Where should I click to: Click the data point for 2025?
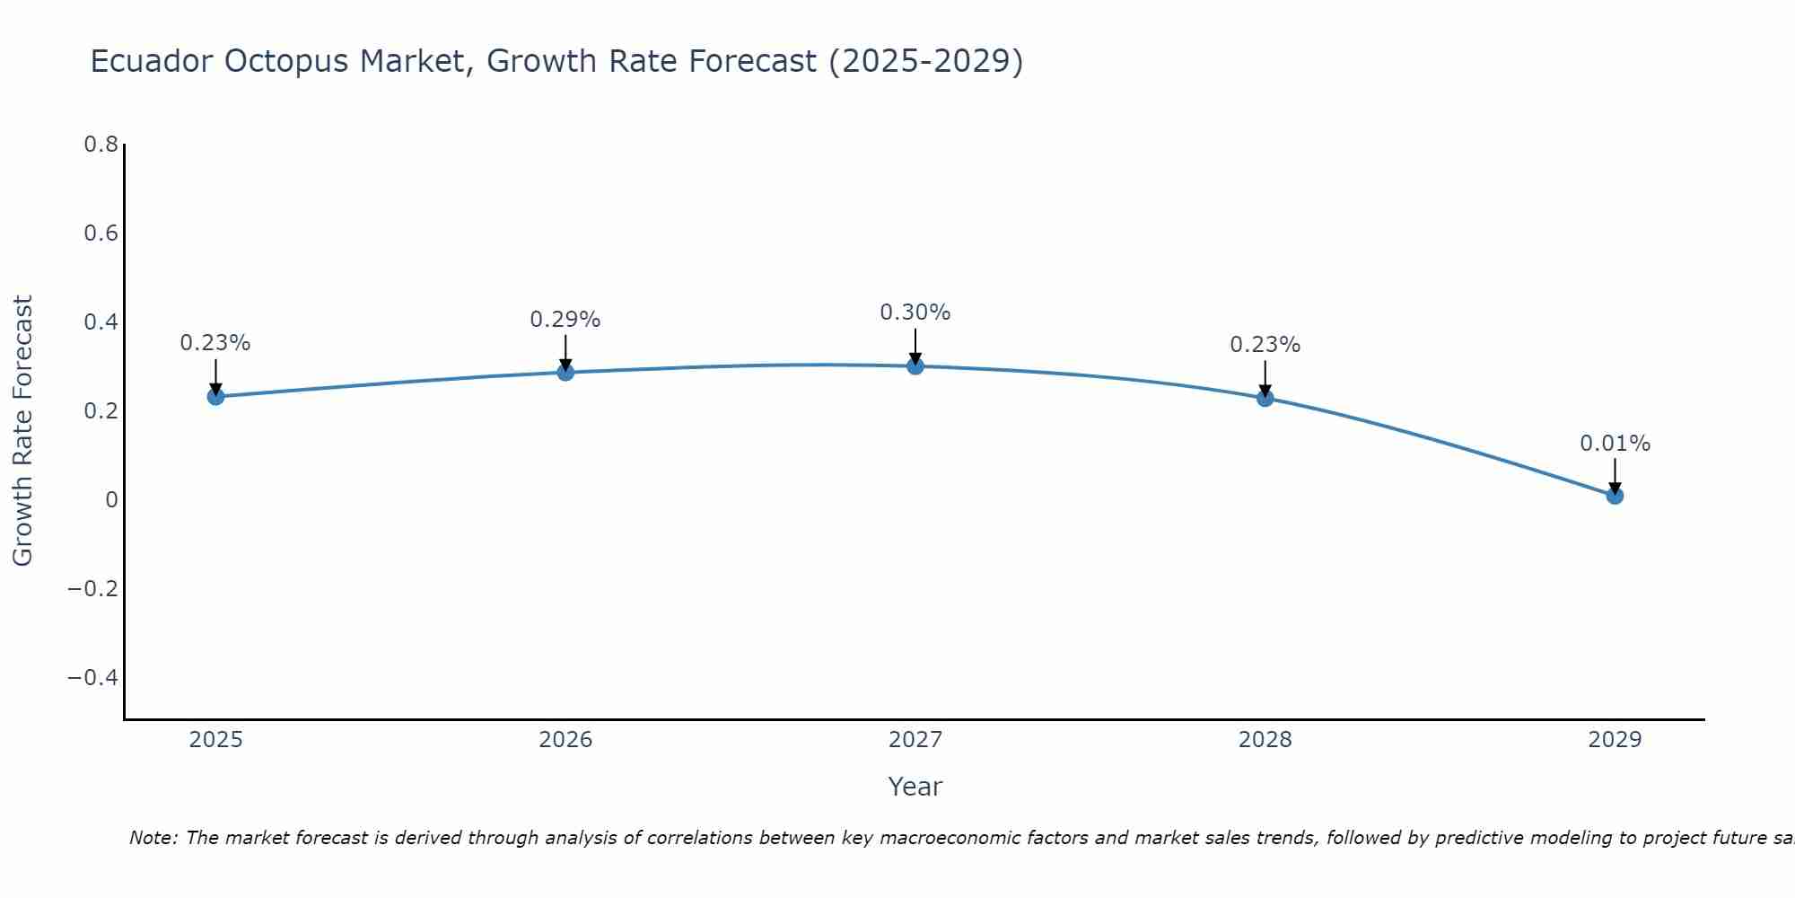click(x=215, y=396)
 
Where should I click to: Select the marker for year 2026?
click(x=565, y=372)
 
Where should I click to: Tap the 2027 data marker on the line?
click(x=915, y=365)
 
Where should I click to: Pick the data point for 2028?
click(x=1265, y=398)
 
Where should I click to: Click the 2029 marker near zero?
click(x=1615, y=495)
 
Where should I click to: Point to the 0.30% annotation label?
click(x=915, y=313)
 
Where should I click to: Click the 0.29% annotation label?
click(x=565, y=320)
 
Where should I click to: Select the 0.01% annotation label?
click(x=1615, y=444)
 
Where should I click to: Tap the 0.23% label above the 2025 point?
click(x=215, y=343)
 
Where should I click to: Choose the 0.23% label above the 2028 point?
click(x=1265, y=345)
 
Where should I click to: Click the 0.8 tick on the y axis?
click(x=101, y=145)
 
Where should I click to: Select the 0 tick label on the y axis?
click(x=111, y=499)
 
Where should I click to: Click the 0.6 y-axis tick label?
click(x=101, y=233)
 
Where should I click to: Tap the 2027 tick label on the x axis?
click(x=915, y=740)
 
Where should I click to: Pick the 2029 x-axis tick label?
click(x=1615, y=740)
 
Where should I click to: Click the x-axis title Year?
click(x=915, y=787)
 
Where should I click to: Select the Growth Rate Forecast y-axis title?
click(x=22, y=431)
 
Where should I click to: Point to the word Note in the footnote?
click(x=153, y=838)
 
